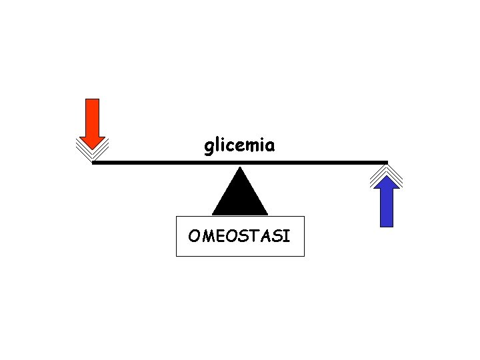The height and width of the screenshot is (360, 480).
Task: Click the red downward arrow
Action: pos(93,123)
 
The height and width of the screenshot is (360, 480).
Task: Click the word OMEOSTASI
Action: pos(239,236)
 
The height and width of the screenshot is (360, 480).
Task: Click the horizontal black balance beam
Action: pos(240,162)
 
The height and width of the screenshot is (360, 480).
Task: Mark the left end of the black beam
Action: pos(93,162)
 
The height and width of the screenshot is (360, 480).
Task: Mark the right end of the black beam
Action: pos(387,162)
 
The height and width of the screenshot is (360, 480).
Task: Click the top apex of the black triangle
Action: pos(240,167)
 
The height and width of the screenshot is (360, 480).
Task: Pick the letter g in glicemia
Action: pos(208,147)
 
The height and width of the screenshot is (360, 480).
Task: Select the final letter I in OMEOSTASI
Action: pos(287,236)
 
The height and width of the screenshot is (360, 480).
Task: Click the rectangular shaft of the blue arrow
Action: pos(387,207)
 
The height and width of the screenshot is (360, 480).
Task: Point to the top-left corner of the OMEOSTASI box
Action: pos(177,217)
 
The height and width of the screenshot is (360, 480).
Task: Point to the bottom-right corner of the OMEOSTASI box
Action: pos(304,256)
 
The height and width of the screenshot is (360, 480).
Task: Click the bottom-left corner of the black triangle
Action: pos(213,214)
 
